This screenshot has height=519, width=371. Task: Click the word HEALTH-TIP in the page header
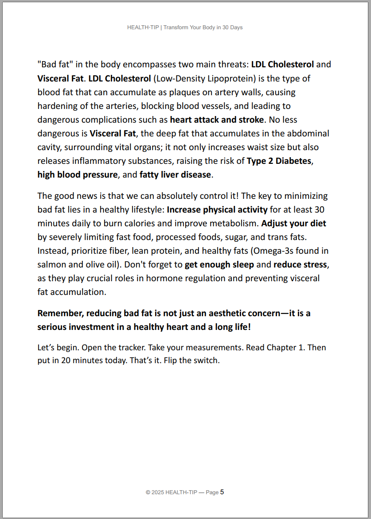(x=143, y=27)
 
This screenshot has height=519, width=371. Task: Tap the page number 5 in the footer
(x=222, y=492)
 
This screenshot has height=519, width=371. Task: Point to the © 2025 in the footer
(x=155, y=492)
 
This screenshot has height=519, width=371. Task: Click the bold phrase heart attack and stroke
(x=217, y=120)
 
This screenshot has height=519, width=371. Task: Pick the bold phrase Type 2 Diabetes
(x=279, y=161)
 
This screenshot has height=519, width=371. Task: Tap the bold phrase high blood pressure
(x=78, y=174)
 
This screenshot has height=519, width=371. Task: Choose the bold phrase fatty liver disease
(x=175, y=174)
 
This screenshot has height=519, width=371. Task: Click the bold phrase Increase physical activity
(x=217, y=209)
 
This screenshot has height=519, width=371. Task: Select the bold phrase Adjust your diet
(x=294, y=223)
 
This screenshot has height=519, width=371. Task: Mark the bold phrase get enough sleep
(x=219, y=264)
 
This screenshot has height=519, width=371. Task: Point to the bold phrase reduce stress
(x=300, y=264)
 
